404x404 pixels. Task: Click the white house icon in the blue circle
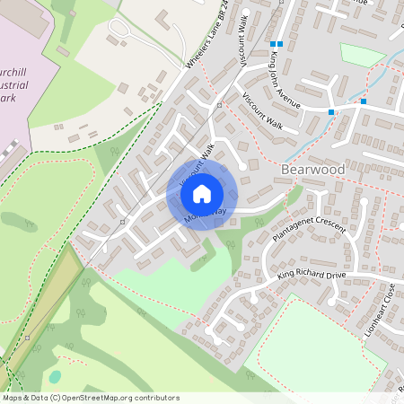point(202,193)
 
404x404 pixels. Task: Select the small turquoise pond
point(56,376)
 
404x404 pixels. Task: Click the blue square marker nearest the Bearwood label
point(331,112)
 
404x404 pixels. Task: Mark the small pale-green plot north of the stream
point(362,55)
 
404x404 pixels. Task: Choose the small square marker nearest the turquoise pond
point(28,338)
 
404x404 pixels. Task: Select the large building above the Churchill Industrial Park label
point(27,18)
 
